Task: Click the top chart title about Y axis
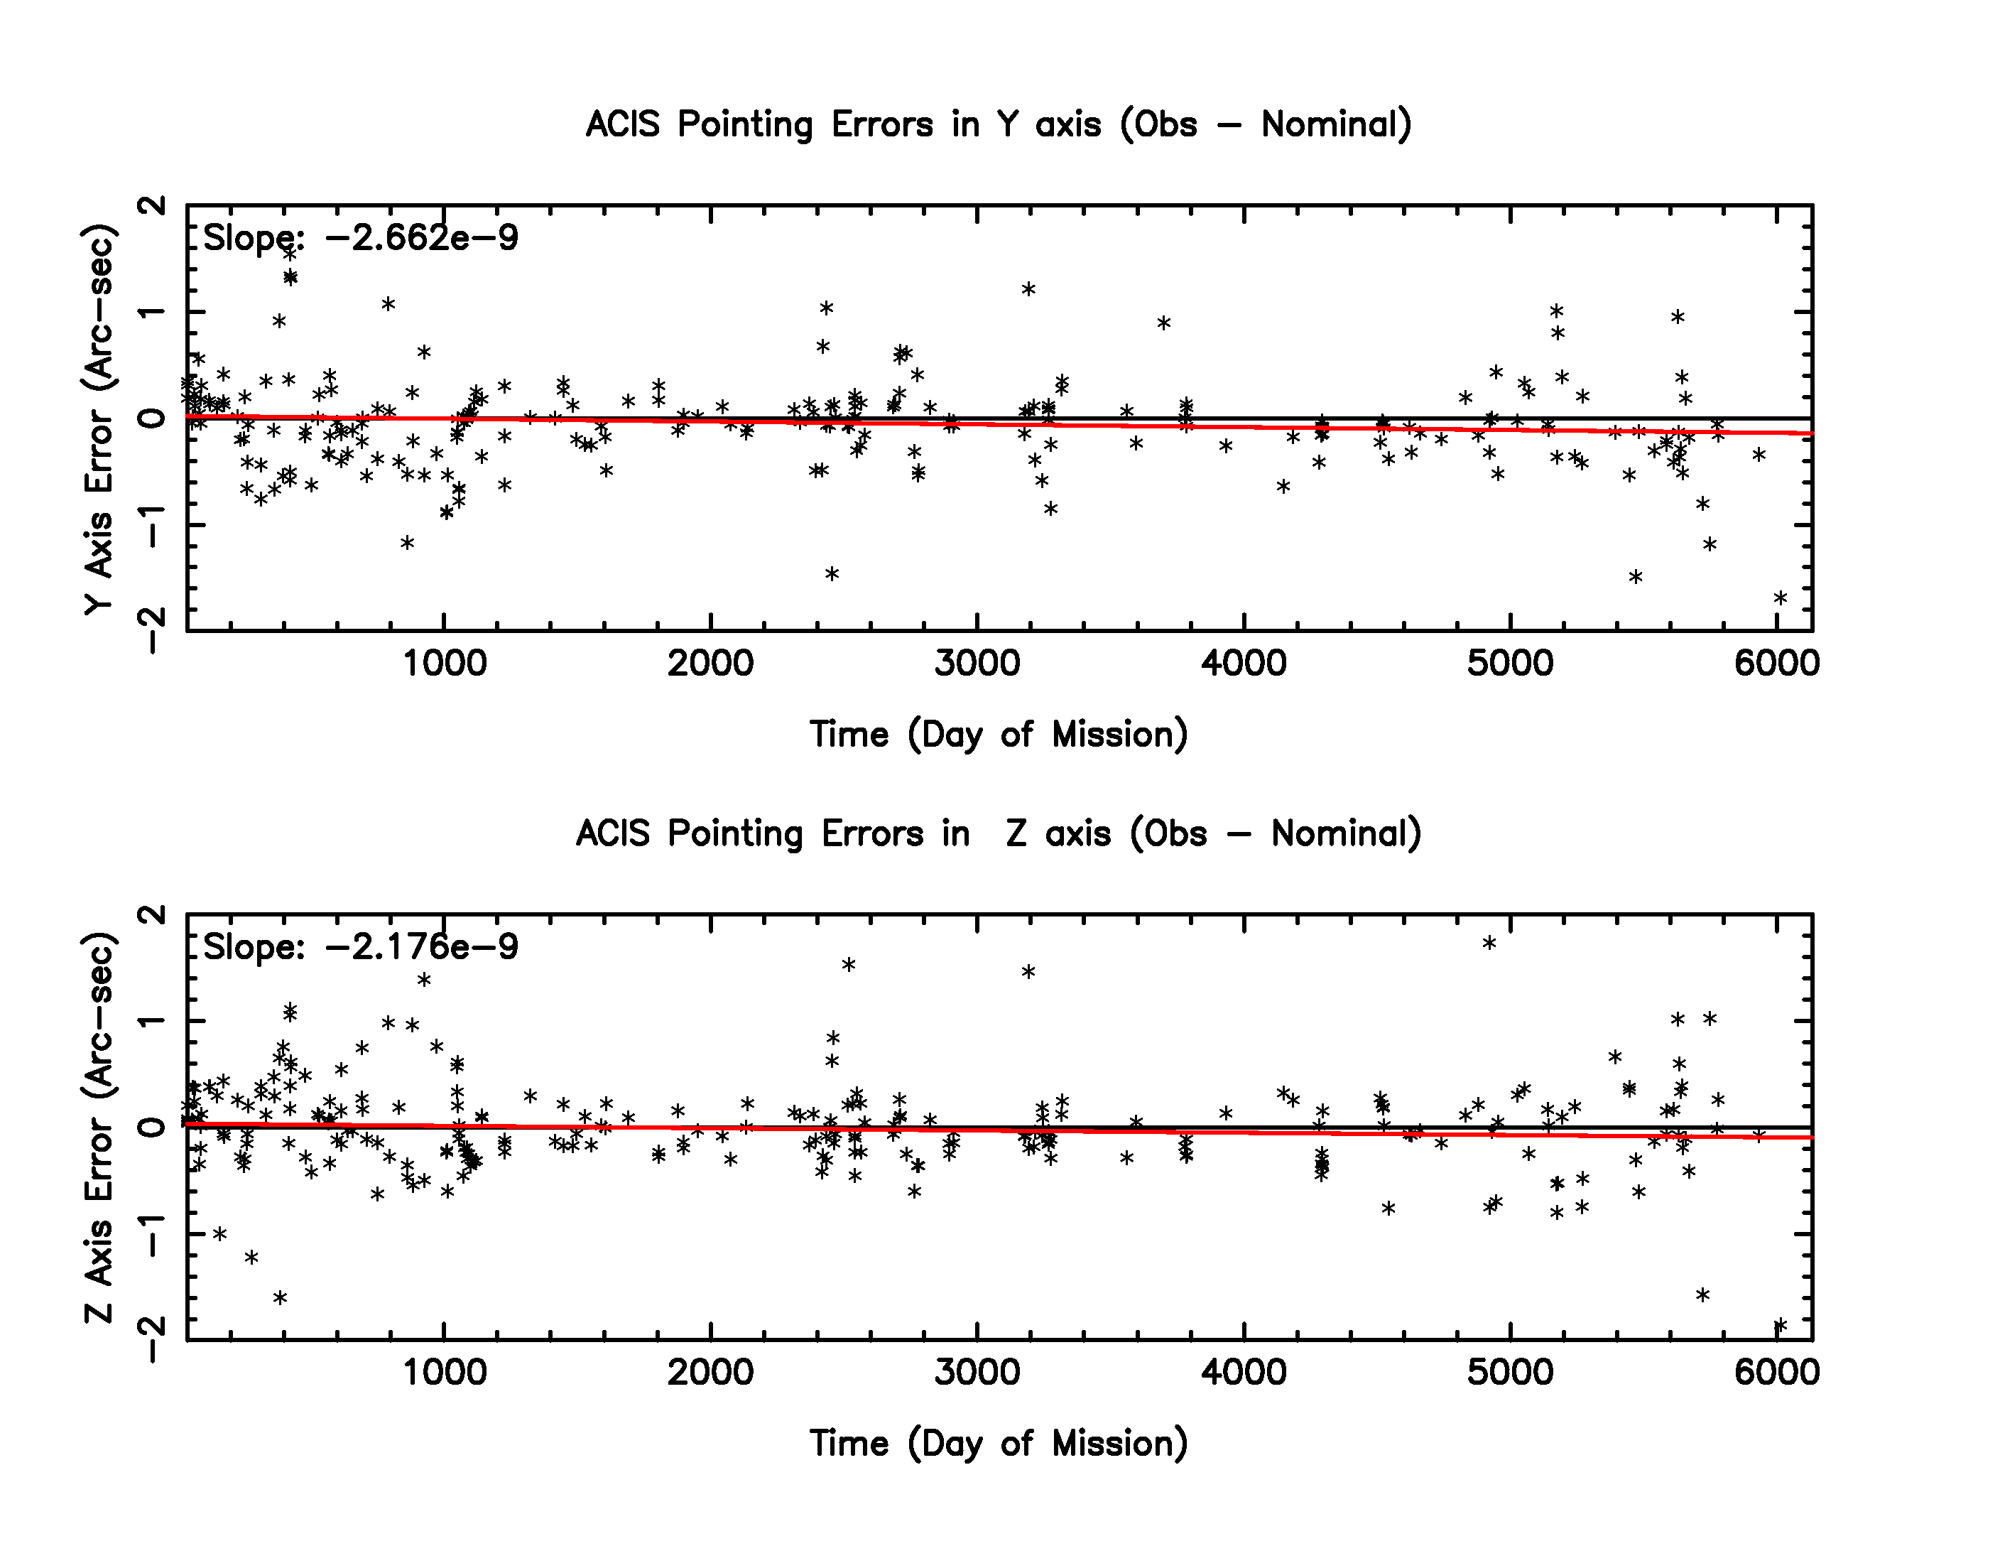[998, 124]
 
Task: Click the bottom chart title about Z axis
[998, 833]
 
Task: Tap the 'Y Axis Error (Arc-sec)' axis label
[99, 418]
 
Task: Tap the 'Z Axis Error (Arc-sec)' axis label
[99, 1128]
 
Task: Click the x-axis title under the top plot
[998, 735]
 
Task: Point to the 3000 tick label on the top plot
[977, 663]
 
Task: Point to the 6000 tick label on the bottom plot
[1776, 1372]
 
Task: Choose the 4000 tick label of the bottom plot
[1244, 1372]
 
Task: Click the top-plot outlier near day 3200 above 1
[1028, 289]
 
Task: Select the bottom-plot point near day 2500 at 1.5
[849, 964]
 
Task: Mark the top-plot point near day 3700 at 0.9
[1164, 323]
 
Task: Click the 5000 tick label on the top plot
[1510, 663]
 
